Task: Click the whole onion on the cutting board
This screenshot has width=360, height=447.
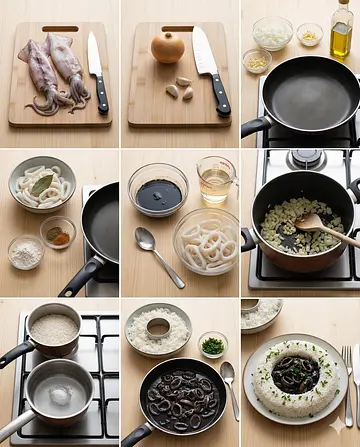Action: click(x=167, y=47)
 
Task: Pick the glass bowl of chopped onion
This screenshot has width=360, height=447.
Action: click(x=272, y=32)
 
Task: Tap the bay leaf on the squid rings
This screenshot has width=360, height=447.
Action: click(x=41, y=183)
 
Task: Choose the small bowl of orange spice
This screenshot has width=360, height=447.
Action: click(x=57, y=232)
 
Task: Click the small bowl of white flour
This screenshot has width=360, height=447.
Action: click(x=26, y=252)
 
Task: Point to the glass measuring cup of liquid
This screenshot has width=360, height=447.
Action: click(x=215, y=180)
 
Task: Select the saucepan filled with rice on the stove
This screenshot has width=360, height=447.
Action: click(x=52, y=329)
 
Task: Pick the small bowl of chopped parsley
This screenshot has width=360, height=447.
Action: click(x=212, y=345)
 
